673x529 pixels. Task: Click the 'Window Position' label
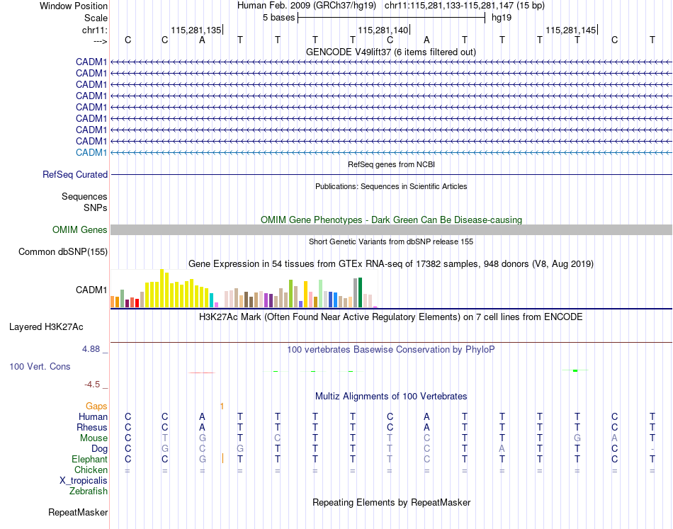coord(74,6)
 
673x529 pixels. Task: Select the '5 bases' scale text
coord(278,17)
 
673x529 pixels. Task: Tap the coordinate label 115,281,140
coord(383,30)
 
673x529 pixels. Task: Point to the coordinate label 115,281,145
coord(570,30)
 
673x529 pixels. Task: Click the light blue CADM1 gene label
coord(91,153)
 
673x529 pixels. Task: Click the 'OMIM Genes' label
coord(80,230)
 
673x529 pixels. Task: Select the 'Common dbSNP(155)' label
coord(63,251)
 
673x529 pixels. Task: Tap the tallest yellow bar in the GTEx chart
coord(162,288)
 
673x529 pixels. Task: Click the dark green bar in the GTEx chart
coord(360,292)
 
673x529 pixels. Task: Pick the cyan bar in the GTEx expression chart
coord(211,300)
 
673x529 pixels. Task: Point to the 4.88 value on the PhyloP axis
coord(94,349)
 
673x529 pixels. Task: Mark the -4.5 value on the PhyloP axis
coord(93,385)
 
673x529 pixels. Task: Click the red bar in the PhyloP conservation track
coord(202,372)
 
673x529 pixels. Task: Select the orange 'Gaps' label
coord(97,406)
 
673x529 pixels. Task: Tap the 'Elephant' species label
coord(89,460)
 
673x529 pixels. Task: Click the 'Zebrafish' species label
coord(89,491)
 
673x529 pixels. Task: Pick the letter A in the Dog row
coord(502,449)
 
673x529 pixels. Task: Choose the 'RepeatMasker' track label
coord(78,512)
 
